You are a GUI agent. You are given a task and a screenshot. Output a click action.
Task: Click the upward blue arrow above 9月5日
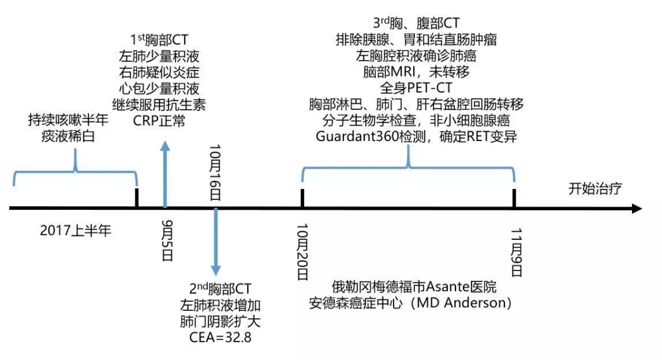(164, 175)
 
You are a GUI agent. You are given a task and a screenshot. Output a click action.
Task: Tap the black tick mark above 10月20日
(302, 198)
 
